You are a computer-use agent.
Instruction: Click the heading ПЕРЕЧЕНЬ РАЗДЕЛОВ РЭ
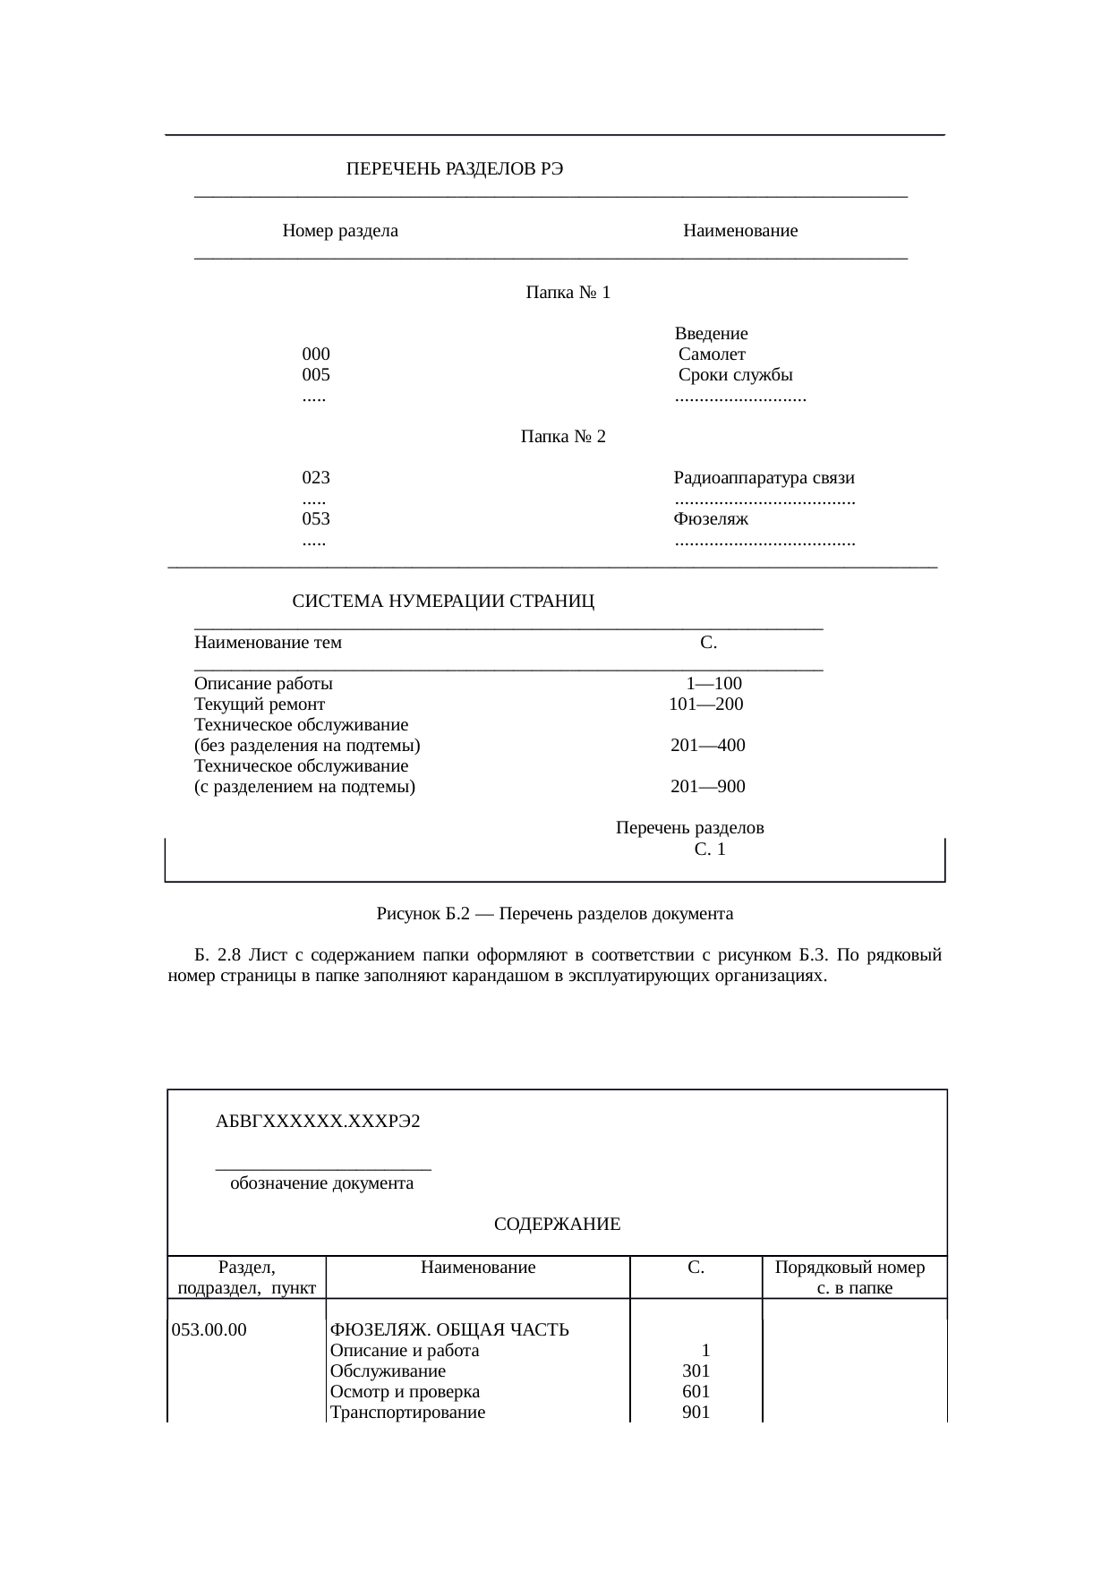click(x=455, y=169)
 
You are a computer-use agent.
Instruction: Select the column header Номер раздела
click(x=340, y=232)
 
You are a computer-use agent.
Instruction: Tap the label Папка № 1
click(x=568, y=293)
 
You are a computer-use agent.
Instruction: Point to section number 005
click(x=316, y=375)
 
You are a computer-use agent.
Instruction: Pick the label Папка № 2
click(x=563, y=437)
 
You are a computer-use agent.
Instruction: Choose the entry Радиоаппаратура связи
click(x=764, y=478)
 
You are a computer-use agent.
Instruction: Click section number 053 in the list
click(x=316, y=519)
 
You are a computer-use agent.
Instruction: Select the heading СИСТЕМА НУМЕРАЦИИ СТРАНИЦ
click(x=444, y=602)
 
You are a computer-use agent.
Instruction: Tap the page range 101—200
click(x=706, y=704)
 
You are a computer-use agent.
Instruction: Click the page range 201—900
click(x=707, y=788)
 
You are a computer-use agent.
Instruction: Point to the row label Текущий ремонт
click(x=260, y=704)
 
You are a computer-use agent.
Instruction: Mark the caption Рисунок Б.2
click(x=554, y=914)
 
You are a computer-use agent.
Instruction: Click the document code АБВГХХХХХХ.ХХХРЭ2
click(x=318, y=1122)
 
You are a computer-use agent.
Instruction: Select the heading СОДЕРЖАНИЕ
click(x=557, y=1225)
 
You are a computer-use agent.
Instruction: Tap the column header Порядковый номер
click(x=850, y=1268)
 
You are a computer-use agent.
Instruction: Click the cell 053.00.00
click(x=209, y=1329)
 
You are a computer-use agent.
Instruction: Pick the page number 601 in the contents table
click(x=696, y=1392)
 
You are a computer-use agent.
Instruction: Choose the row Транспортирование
click(x=407, y=1413)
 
